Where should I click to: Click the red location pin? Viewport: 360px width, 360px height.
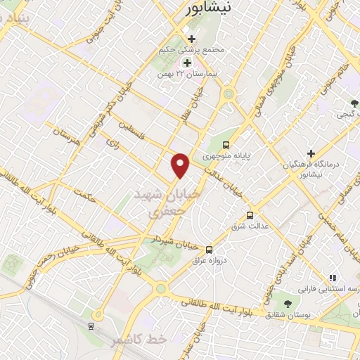point(181,165)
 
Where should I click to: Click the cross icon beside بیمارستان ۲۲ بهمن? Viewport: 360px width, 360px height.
point(187,62)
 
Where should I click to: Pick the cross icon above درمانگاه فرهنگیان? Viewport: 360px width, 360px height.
point(311,153)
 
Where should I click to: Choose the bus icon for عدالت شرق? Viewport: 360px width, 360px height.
point(250,215)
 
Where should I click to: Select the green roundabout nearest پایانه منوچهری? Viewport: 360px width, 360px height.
point(228,94)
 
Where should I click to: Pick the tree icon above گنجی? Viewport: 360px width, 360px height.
point(352,103)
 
